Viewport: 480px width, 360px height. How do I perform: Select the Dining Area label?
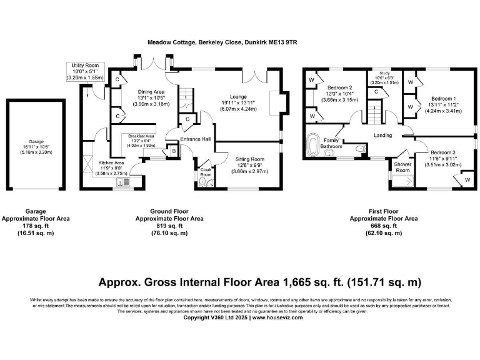point(151,91)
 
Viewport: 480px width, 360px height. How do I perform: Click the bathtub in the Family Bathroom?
point(312,145)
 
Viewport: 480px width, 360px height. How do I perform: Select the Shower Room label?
point(402,167)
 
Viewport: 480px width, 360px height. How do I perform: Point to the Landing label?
point(383,134)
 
